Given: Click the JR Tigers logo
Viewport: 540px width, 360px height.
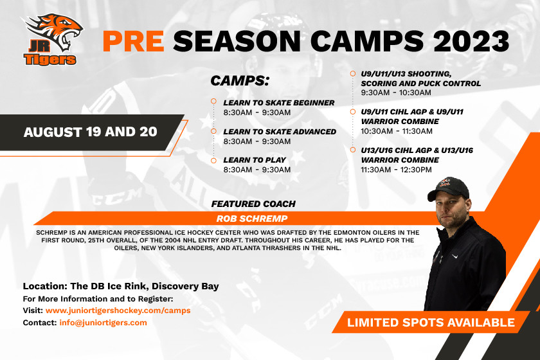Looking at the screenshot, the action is [x=52, y=39].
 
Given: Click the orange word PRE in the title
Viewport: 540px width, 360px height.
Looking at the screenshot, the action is [x=133, y=41].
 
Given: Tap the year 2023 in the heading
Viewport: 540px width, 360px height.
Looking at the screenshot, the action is [x=471, y=41].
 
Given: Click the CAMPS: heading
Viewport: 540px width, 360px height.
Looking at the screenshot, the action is [x=240, y=80].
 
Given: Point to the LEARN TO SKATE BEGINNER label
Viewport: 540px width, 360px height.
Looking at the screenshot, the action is [x=278, y=103].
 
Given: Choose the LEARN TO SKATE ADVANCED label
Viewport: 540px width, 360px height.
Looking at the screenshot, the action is [x=280, y=132].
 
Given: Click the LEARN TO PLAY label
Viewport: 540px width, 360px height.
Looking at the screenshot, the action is [x=255, y=160].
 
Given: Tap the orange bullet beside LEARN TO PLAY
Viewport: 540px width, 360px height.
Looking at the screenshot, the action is [x=213, y=161].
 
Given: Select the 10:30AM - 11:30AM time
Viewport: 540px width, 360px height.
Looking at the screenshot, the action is [x=397, y=131].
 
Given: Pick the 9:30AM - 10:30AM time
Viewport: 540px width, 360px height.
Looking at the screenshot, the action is [x=396, y=93].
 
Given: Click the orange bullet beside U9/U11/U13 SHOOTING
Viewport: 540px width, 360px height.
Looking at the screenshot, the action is [x=353, y=74].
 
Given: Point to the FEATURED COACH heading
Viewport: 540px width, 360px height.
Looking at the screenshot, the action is [x=253, y=204].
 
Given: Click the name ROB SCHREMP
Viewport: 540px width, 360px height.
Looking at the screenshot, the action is [x=252, y=219].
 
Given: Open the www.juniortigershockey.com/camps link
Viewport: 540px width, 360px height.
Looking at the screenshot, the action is [x=118, y=310].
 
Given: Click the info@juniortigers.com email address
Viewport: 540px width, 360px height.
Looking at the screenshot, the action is [x=103, y=323].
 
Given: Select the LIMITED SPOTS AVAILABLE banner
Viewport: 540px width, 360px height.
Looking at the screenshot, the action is [x=431, y=323].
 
